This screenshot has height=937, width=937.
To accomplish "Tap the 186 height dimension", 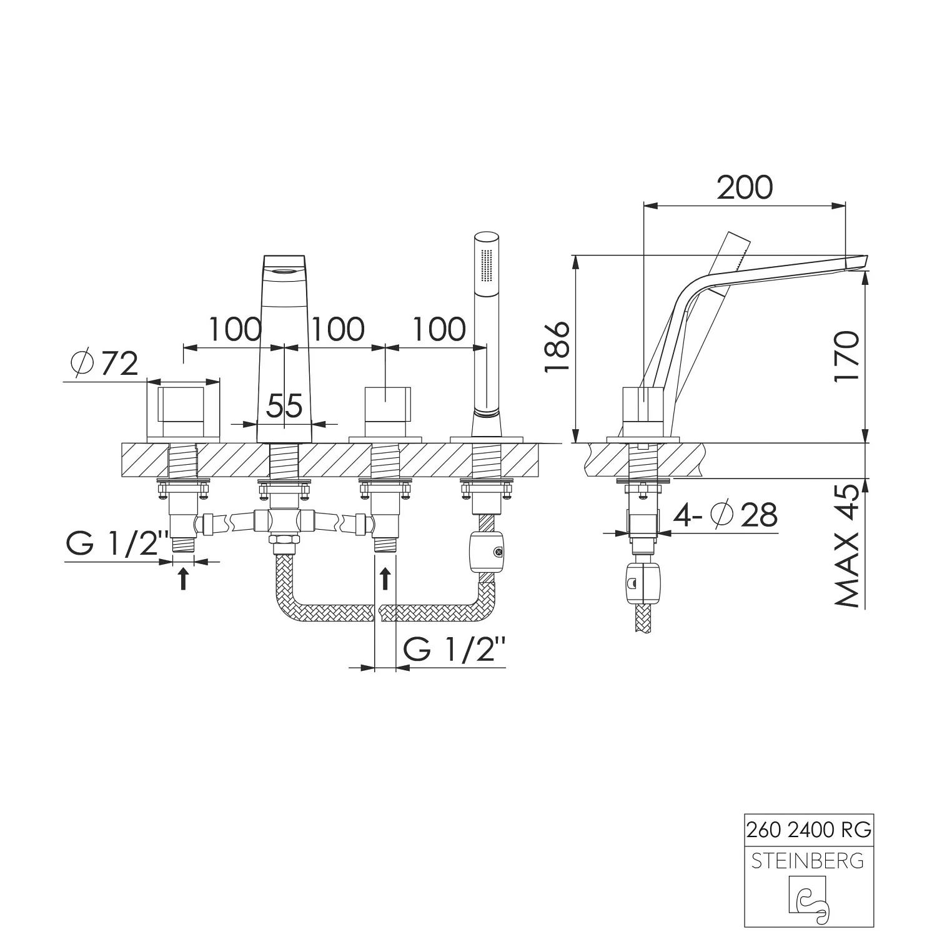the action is pos(557,347).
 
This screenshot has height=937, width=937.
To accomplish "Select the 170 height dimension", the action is pos(847,357).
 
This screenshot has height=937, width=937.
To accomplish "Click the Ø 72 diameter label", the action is pos(104,364).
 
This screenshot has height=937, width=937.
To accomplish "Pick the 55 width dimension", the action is pos(285,406).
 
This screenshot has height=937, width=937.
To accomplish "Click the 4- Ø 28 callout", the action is pos(725,515).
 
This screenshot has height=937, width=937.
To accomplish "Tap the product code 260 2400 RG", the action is pos(809,830).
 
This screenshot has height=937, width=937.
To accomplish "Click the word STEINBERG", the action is pos(809,861).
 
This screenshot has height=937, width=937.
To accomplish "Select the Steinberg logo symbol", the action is pos(809,900).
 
